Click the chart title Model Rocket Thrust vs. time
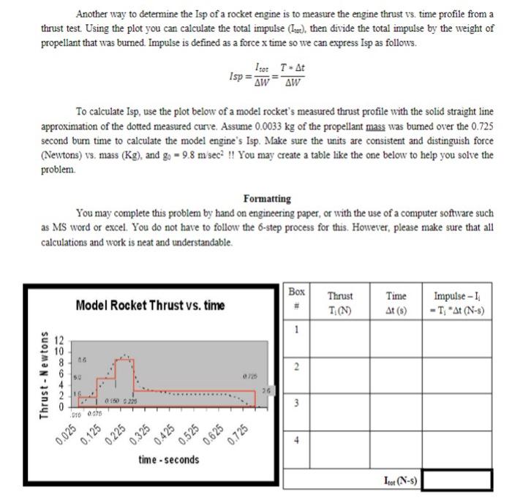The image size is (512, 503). [149, 304]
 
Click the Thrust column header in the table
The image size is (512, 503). [339, 300]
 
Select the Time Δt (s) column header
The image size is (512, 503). [396, 300]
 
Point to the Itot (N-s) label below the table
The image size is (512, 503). [399, 481]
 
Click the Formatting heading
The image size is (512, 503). [267, 198]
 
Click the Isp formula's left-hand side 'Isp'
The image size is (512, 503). [236, 75]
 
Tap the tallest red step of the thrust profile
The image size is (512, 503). [125, 374]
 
